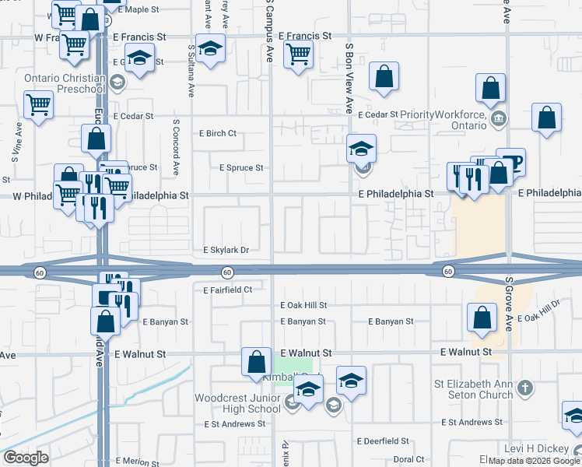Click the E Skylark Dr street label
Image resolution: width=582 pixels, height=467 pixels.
tap(226, 251)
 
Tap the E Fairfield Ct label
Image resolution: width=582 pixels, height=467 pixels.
tap(227, 290)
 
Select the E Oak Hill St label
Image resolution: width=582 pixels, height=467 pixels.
tap(304, 306)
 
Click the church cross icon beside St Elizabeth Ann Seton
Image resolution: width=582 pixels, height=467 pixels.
tap(525, 388)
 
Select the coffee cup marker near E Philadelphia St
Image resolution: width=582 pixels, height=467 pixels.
tap(510, 163)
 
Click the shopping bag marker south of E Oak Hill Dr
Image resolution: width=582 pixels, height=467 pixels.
tap(482, 318)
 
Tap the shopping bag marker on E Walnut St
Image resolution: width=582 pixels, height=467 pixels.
tap(257, 362)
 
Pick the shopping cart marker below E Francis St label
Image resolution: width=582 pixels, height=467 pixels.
tap(299, 55)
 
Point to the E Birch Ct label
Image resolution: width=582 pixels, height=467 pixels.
tap(218, 133)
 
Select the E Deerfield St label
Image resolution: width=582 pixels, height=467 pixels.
tap(383, 441)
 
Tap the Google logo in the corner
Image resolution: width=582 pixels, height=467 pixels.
tap(25, 458)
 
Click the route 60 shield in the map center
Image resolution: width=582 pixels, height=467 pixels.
tap(226, 272)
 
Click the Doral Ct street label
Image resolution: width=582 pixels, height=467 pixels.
tap(408, 459)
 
